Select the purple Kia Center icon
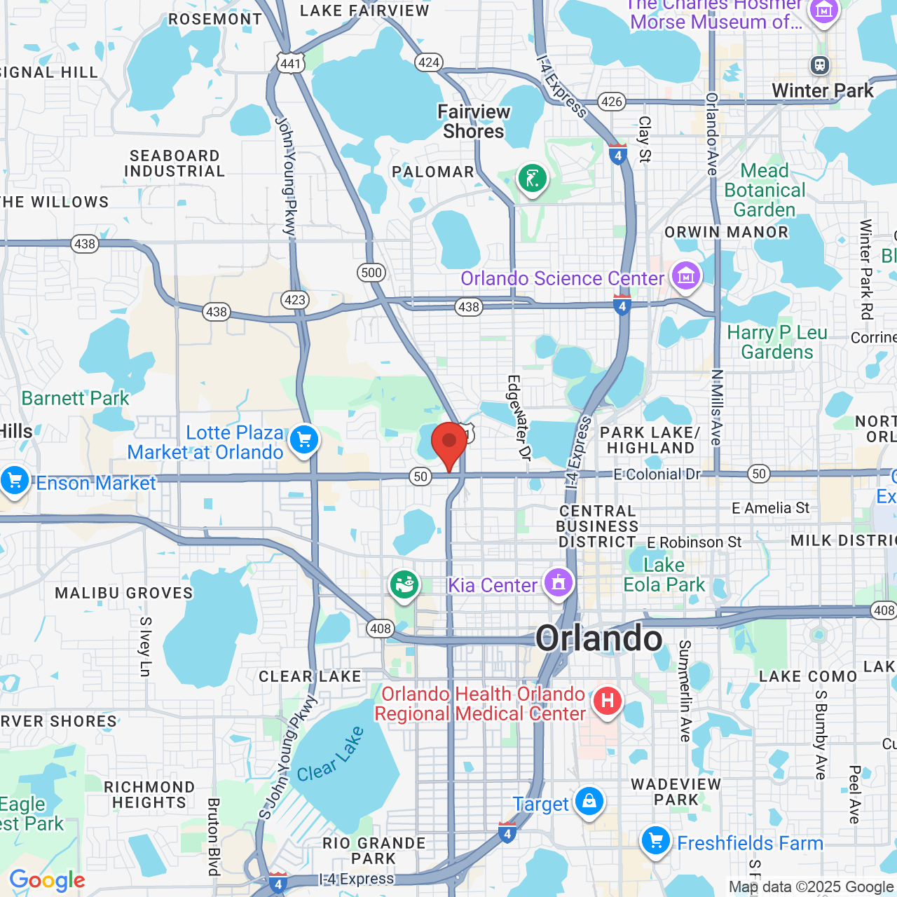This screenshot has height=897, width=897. coord(559,582)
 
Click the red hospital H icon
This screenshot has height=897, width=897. coord(607,700)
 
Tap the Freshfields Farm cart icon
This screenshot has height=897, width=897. coord(656,840)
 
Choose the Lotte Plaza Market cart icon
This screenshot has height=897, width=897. coord(303,441)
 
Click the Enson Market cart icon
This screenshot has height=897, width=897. coord(14,481)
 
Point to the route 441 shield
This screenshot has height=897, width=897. coord(290,64)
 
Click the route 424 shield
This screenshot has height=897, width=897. coord(429,62)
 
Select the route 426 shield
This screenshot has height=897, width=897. coord(612,102)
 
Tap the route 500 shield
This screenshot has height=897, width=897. coord(371,273)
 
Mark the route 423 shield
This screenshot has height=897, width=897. coord(295,300)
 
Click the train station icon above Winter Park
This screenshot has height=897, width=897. coord(819,65)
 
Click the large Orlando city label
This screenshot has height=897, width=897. coord(599,638)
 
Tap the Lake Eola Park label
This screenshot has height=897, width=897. coord(664,575)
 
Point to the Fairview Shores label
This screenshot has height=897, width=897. coord(474,121)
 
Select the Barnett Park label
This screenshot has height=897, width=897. coord(75,398)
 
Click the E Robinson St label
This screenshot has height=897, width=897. coord(694,542)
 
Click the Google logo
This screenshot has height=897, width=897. coord(47,880)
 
